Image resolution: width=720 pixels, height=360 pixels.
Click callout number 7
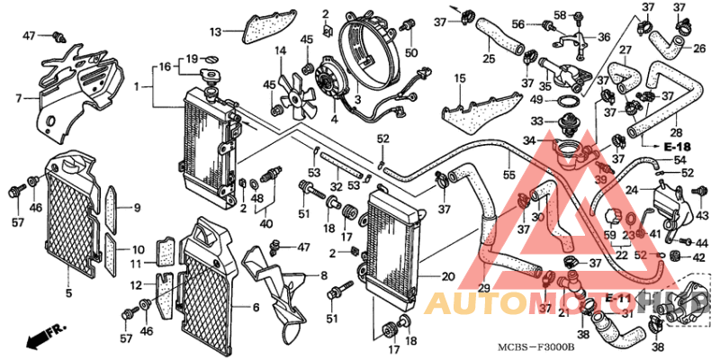[18, 97]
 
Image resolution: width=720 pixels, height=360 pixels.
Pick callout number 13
[215, 32]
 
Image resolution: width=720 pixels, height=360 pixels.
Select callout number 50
[411, 53]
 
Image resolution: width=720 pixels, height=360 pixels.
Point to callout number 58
[559, 15]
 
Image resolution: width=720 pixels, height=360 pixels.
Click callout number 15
[459, 80]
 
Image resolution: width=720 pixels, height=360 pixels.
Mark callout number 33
[535, 121]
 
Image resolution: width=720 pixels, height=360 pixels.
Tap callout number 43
[703, 215]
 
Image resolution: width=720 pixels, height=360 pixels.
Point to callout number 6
[256, 307]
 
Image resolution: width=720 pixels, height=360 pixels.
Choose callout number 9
[137, 208]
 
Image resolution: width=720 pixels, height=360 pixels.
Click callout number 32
[336, 187]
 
